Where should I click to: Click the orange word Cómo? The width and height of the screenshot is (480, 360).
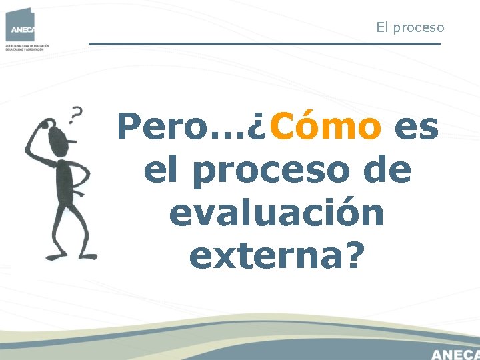point(326,127)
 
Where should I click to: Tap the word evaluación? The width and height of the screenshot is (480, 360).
point(277,214)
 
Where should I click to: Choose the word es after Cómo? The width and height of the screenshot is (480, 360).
point(417,127)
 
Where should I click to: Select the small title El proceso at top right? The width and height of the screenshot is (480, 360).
point(410,27)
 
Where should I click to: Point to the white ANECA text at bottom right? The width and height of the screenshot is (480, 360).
point(455,353)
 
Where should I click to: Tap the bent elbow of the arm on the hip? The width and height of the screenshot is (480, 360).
point(87,177)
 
